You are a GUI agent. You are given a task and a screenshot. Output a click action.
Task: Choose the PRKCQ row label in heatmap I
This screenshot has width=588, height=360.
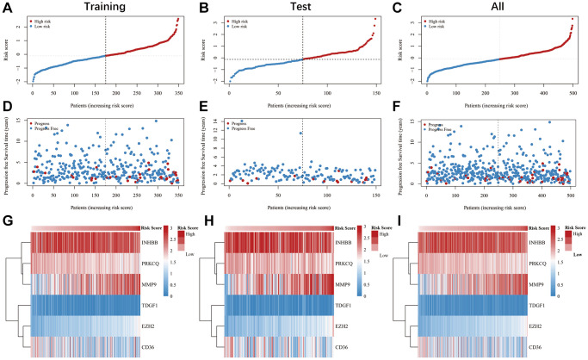tap(546, 262)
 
